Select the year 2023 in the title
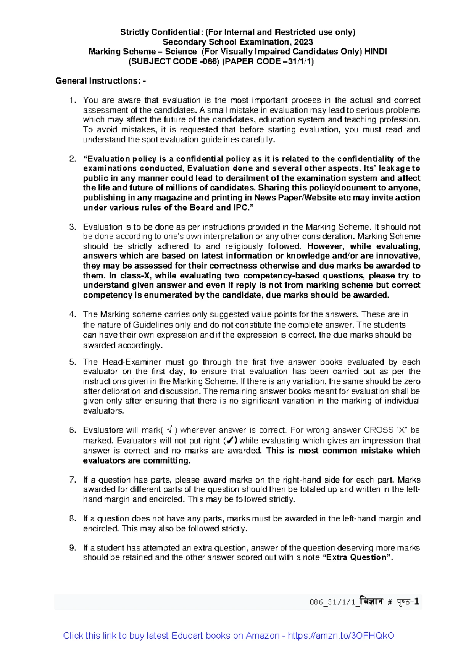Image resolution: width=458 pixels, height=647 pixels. point(304,42)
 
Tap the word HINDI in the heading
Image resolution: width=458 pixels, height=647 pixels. point(376,52)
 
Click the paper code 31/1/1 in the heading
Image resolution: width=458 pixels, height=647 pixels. point(302,61)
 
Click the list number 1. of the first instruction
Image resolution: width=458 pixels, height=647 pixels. point(73,100)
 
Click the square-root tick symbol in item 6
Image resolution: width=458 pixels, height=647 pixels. point(169,430)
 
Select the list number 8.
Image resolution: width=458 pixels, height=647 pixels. point(73,518)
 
